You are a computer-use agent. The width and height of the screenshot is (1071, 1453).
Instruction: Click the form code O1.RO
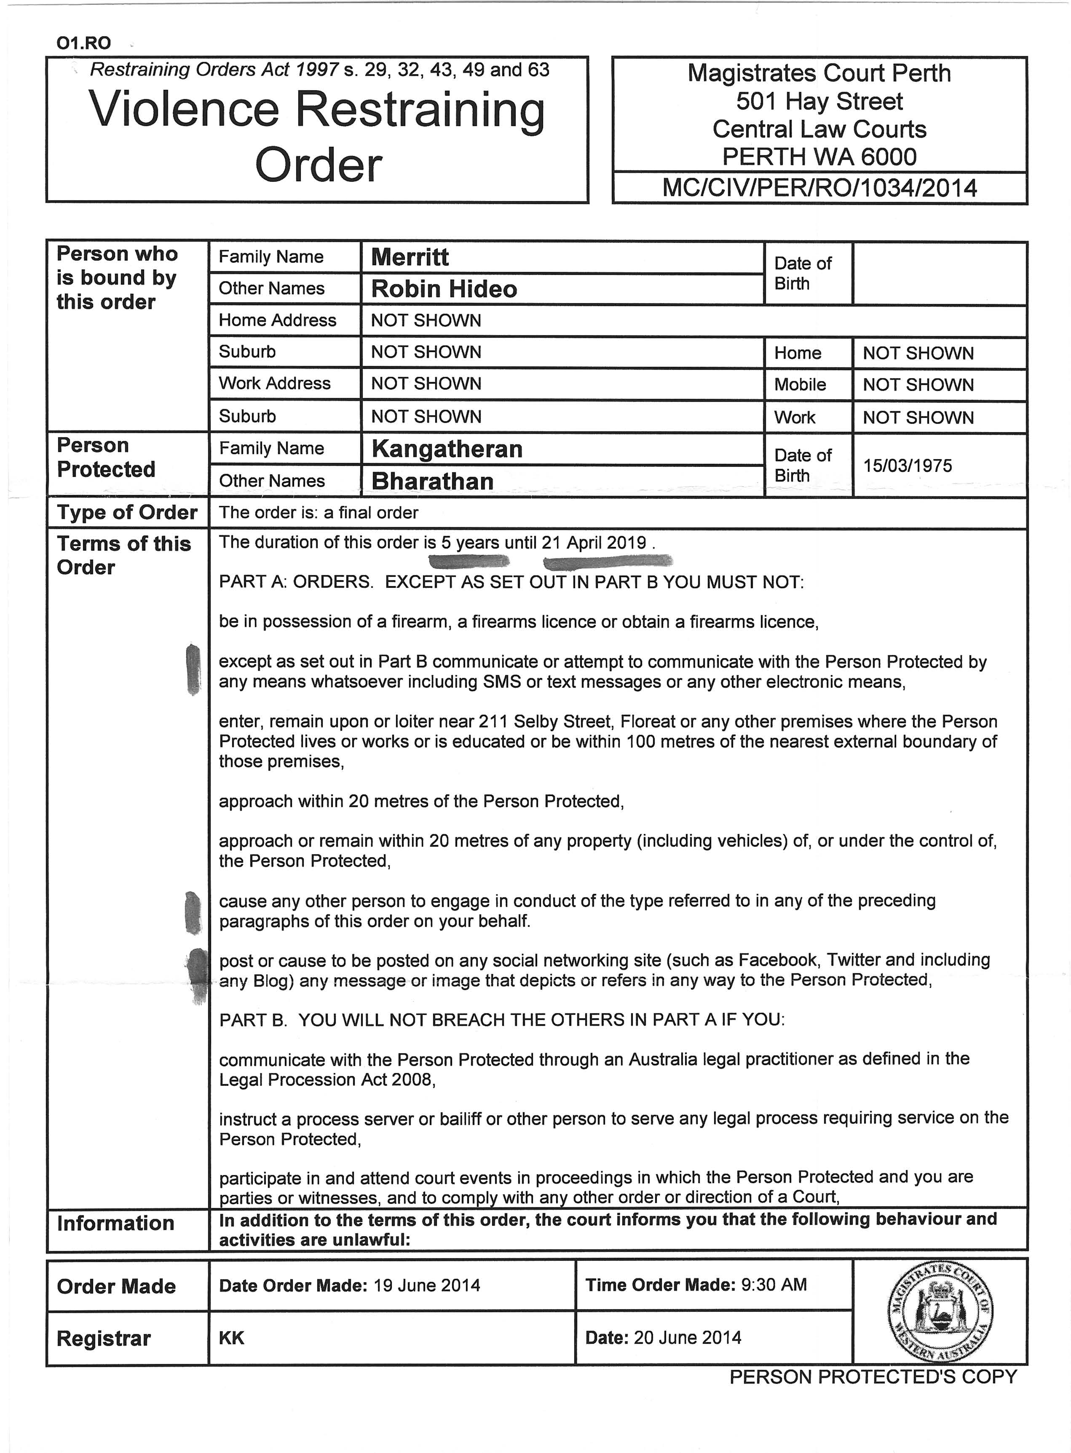coord(83,43)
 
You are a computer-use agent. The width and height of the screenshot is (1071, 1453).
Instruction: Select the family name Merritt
coord(409,258)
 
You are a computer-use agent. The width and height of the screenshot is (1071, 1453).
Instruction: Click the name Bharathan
coord(432,481)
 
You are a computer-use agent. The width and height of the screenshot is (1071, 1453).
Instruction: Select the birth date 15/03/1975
coord(907,466)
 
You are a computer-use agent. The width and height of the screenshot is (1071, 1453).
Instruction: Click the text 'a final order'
coord(371,513)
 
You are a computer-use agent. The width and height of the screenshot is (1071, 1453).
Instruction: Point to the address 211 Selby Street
coord(545,721)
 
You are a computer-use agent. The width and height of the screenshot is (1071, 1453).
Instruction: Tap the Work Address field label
coord(274,383)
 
